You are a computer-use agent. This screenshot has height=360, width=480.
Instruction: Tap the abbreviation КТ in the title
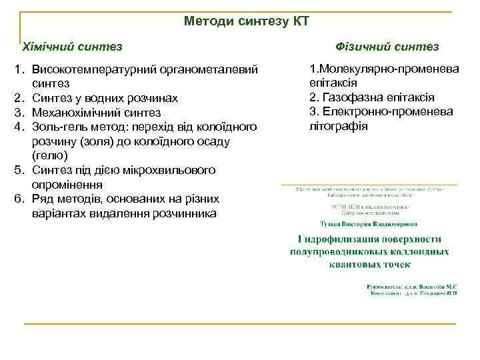[x=301, y=21]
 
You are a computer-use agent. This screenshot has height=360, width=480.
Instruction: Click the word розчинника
[x=187, y=213]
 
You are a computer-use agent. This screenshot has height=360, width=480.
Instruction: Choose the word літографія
[x=339, y=126]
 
